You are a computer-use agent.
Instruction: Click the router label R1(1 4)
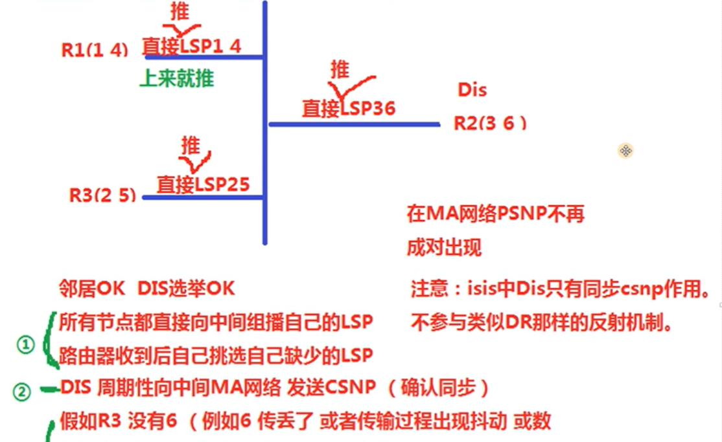[x=95, y=50]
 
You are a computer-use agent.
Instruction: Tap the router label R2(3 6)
[x=490, y=123]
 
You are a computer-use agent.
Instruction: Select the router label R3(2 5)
[x=103, y=194]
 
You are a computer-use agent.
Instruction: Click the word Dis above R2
[x=472, y=90]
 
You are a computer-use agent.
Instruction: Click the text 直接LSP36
[x=348, y=107]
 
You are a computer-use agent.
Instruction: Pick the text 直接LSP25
[x=203, y=184]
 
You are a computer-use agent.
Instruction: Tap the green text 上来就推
[x=177, y=79]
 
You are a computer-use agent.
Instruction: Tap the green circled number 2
[x=22, y=392]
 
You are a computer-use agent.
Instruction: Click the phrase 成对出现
[x=444, y=248]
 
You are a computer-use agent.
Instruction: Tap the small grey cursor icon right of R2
[x=625, y=151]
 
